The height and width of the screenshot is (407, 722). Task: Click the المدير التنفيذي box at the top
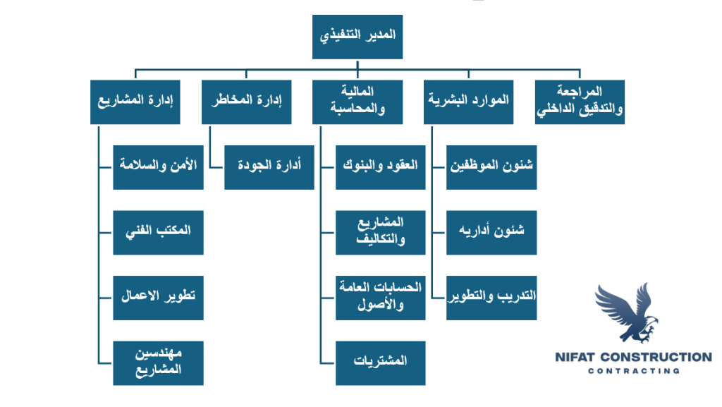(357, 37)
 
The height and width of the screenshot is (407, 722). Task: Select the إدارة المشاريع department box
(135, 102)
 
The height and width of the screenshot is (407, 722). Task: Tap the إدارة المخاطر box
(246, 102)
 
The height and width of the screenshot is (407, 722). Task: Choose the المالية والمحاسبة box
(357, 102)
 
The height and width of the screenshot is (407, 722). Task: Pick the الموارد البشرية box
(468, 102)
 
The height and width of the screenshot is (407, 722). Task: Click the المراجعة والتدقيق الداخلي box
(580, 102)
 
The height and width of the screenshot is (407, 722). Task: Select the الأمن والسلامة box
(159, 167)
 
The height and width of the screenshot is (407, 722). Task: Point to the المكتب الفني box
(159, 233)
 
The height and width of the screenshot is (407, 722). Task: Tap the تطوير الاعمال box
(159, 298)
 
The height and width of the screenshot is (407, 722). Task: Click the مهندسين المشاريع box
(159, 363)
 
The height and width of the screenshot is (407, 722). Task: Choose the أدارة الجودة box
(269, 167)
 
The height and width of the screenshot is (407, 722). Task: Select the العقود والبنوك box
(380, 167)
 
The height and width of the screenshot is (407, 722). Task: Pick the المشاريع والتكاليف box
(380, 233)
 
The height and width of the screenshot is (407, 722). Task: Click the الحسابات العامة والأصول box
(380, 298)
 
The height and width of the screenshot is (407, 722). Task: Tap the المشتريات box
(380, 363)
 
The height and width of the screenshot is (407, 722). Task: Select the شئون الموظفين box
(491, 167)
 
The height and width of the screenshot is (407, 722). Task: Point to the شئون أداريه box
(491, 233)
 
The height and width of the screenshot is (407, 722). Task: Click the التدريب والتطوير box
(491, 298)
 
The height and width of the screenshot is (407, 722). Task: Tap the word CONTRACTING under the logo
(634, 370)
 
